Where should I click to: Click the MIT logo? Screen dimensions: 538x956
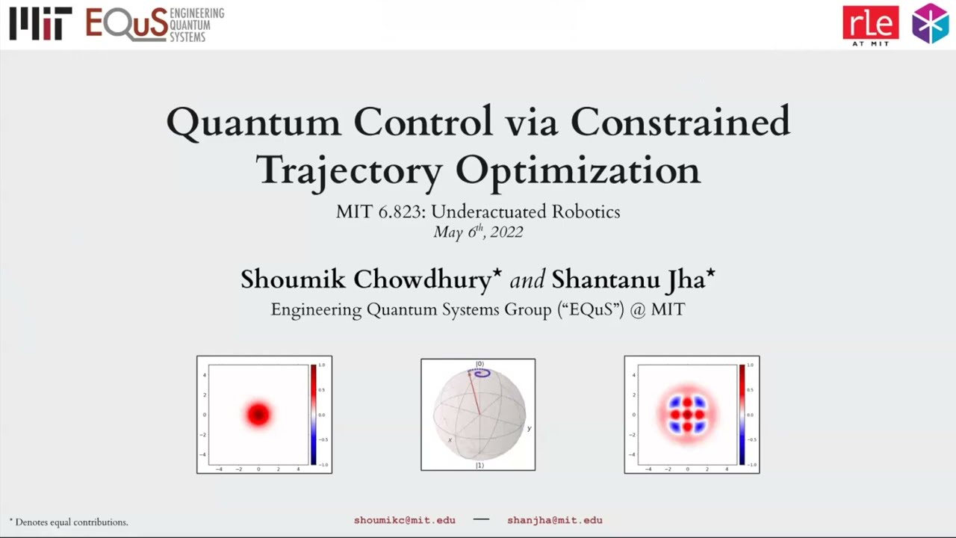(40, 24)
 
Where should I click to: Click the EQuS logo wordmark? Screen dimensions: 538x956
(127, 24)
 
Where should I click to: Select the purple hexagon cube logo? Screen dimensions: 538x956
(930, 24)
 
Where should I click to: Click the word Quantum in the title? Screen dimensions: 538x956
(253, 122)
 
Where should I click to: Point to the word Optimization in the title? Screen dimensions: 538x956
(578, 170)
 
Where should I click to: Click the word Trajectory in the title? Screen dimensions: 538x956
(350, 170)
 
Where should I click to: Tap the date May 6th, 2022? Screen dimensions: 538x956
(478, 232)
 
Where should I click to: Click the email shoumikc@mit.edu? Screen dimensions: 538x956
(404, 520)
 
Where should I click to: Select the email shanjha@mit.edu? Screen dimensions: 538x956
(555, 520)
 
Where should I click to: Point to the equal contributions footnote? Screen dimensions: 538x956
(69, 522)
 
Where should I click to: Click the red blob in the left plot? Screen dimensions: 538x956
(258, 414)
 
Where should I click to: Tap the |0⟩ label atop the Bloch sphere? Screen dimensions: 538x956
(479, 364)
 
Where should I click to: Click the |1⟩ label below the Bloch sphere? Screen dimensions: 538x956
(479, 466)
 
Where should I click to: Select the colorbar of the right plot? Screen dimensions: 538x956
(742, 415)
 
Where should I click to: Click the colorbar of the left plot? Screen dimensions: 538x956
(314, 415)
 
